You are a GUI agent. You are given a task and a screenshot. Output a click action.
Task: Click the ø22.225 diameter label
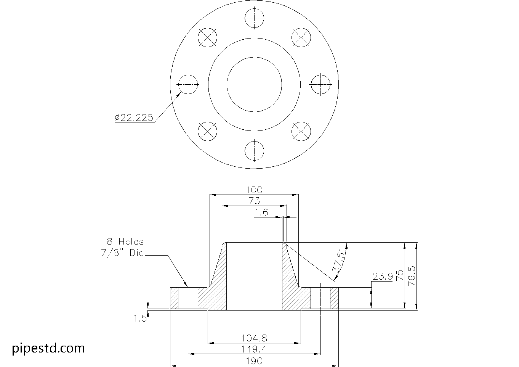tap(134, 118)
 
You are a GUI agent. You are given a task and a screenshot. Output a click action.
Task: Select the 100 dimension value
tap(254, 190)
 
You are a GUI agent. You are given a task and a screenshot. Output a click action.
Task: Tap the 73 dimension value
tap(254, 201)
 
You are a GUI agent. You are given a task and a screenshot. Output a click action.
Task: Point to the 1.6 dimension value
tap(261, 212)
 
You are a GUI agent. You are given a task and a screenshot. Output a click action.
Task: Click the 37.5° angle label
tap(340, 261)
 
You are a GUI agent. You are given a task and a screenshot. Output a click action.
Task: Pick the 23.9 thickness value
tap(382, 276)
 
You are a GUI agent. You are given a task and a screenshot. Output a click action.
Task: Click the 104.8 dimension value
tap(254, 338)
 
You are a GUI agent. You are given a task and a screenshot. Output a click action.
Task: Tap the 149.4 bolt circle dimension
tap(254, 349)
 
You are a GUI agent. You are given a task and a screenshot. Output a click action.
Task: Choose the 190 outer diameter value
tap(254, 361)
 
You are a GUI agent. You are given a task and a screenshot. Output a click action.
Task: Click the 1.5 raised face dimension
tap(140, 318)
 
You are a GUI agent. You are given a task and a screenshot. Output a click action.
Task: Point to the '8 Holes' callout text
tap(125, 241)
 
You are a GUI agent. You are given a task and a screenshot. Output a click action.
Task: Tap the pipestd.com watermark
tap(48, 348)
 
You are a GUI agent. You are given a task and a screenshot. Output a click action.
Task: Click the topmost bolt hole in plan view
tap(254, 18)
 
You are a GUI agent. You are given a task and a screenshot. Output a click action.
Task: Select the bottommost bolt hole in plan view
tap(254, 151)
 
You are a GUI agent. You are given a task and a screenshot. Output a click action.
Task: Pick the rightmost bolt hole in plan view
tap(320, 84)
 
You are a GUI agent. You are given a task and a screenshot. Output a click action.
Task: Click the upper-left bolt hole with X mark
tap(207, 37)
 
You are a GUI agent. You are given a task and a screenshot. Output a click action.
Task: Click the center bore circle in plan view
tap(254, 84)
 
